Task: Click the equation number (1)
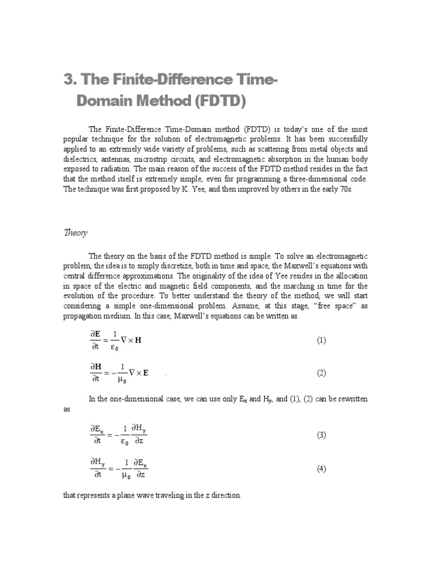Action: pos(321,341)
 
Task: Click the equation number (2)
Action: pos(321,373)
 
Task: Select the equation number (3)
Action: pos(321,435)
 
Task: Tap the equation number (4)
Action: pos(321,469)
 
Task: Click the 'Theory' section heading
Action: pos(76,233)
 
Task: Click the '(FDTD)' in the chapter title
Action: pos(201,102)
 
